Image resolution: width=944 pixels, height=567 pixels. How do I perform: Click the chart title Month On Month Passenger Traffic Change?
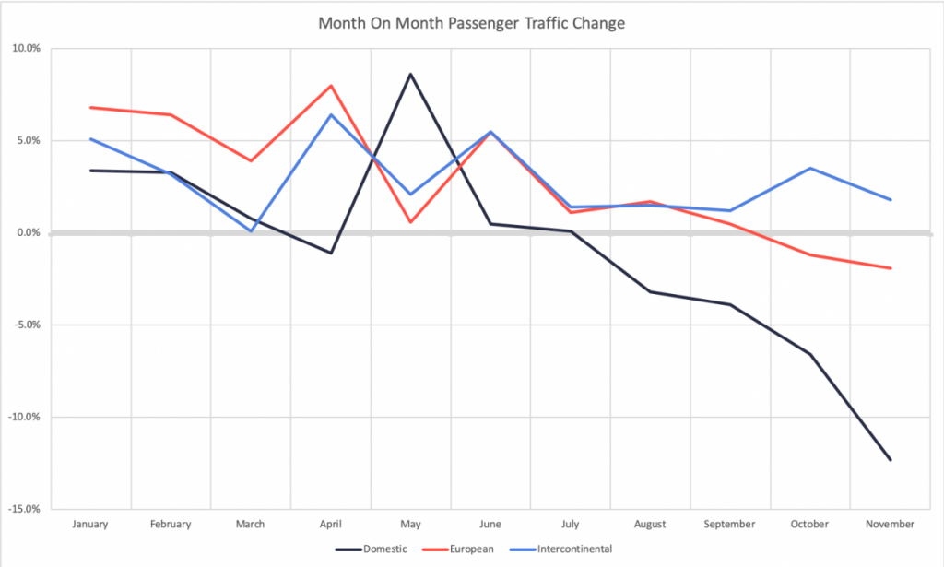click(471, 23)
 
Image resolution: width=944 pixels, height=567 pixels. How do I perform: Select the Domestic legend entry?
click(382, 549)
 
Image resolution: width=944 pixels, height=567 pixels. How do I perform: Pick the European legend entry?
click(472, 549)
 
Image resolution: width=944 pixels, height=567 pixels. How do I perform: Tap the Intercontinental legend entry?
click(573, 549)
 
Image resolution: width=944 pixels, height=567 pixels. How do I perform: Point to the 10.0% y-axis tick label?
click(26, 49)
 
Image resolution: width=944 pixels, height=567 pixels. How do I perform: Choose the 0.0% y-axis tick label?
click(28, 233)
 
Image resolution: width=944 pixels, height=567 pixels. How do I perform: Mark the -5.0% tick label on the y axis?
click(26, 325)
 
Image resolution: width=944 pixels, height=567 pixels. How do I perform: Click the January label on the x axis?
click(90, 524)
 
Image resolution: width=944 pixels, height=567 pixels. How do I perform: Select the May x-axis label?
click(410, 524)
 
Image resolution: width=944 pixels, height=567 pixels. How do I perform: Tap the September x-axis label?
click(730, 524)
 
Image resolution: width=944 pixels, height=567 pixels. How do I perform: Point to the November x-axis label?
click(891, 524)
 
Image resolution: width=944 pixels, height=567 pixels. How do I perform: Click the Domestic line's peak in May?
click(410, 74)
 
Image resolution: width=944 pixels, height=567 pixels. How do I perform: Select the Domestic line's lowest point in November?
click(891, 459)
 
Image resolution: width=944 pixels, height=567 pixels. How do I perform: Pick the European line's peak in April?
click(331, 86)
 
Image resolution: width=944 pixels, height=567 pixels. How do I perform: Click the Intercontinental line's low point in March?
click(251, 230)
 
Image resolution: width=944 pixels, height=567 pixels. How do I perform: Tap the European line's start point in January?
click(90, 107)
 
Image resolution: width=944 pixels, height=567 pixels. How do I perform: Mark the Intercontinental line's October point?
click(810, 168)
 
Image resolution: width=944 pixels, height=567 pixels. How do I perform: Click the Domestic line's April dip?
click(331, 253)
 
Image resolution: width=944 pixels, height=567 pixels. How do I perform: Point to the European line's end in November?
click(891, 268)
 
